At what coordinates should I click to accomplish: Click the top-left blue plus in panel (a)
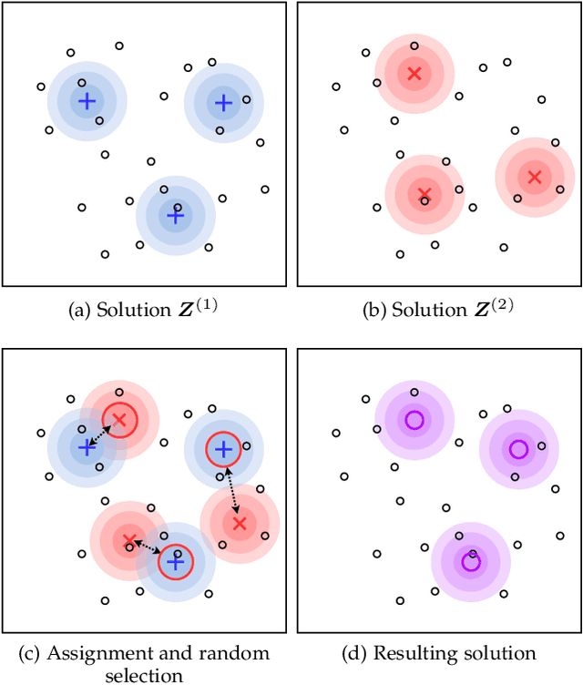pyautogui.click(x=87, y=101)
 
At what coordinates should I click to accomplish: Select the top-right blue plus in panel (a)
pyautogui.click(x=223, y=103)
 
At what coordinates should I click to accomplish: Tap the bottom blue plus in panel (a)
pyautogui.click(x=175, y=216)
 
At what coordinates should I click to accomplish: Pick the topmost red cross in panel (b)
pyautogui.click(x=414, y=73)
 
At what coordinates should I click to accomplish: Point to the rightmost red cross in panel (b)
pyautogui.click(x=535, y=177)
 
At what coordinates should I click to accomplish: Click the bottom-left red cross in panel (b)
pyautogui.click(x=424, y=193)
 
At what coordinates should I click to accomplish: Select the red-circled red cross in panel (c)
pyautogui.click(x=118, y=420)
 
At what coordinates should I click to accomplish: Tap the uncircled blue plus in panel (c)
pyautogui.click(x=87, y=447)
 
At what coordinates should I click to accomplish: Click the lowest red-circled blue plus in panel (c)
pyautogui.click(x=175, y=562)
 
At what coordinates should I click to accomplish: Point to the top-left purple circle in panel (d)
pyautogui.click(x=414, y=420)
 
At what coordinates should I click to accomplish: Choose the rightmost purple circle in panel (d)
pyautogui.click(x=518, y=448)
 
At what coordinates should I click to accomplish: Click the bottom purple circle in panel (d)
pyautogui.click(x=470, y=562)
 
